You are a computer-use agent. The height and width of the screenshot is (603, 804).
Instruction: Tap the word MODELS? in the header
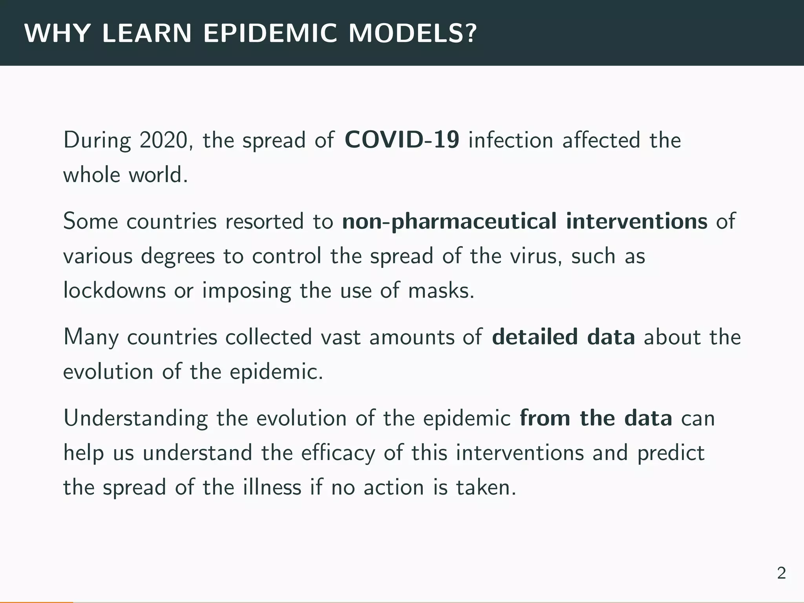[412, 33]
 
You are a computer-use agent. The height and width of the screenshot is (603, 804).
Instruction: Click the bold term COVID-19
[402, 140]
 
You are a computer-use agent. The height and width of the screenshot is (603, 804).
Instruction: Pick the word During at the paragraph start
[97, 140]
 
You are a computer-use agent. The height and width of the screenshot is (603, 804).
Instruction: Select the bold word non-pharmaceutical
[449, 221]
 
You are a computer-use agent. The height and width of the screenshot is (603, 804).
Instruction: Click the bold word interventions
[636, 221]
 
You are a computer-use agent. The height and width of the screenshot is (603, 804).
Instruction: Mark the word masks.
[441, 291]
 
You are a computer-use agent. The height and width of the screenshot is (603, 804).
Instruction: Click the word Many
[91, 337]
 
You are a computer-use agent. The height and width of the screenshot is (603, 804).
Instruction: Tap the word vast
[340, 337]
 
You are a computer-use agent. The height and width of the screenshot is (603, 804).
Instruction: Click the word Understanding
[135, 418]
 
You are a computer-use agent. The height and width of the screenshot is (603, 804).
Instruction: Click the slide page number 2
[781, 574]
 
